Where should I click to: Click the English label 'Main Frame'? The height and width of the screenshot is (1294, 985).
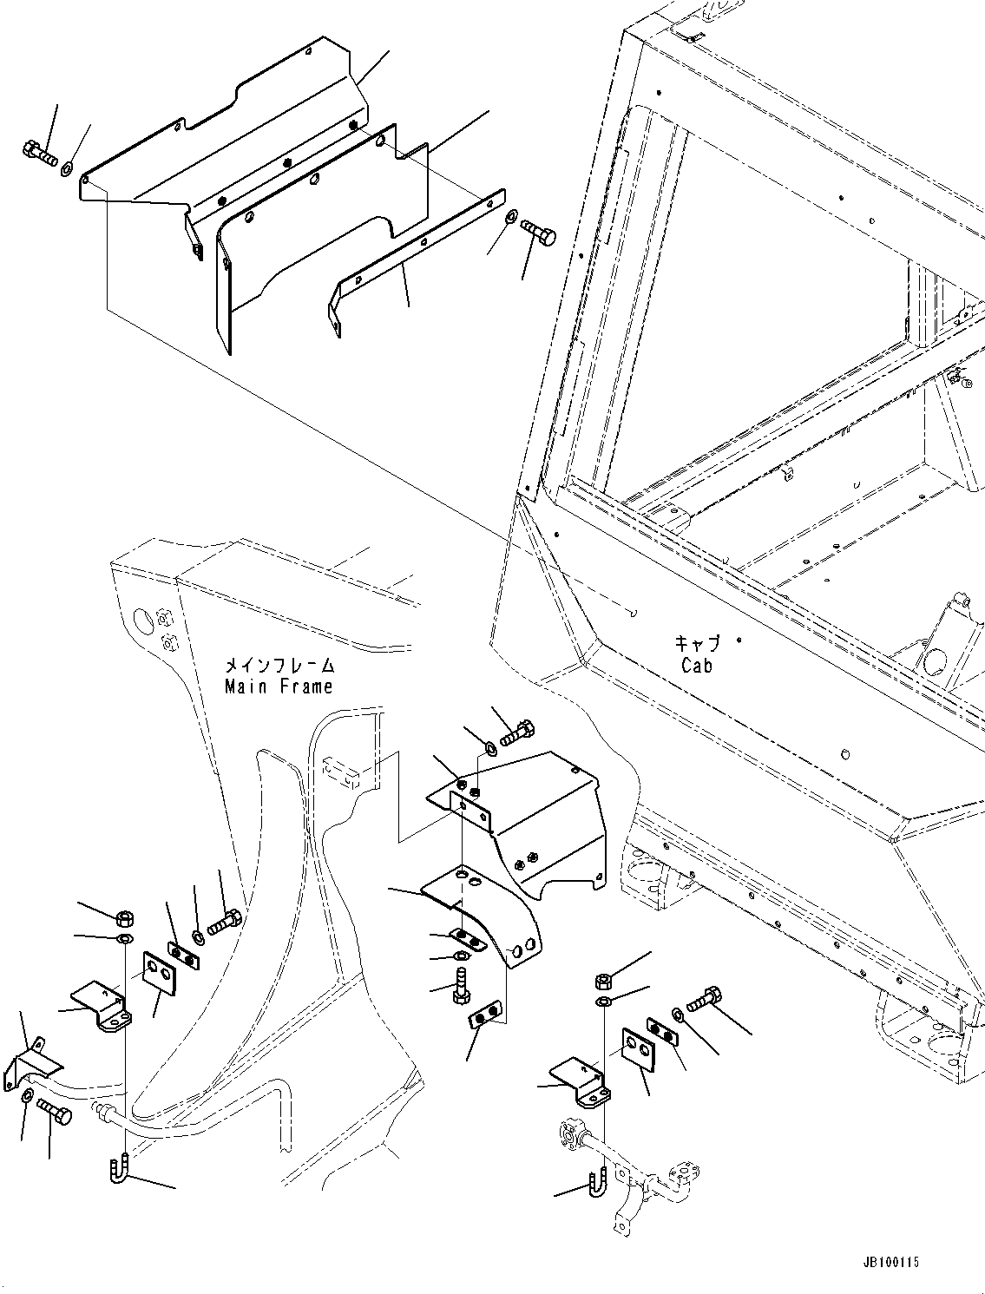coord(279,686)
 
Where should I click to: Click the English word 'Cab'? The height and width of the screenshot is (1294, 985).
coord(697,666)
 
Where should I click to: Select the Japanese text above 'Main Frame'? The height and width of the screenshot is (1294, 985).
coord(279,666)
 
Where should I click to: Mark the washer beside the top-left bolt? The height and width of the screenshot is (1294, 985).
coord(68,167)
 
